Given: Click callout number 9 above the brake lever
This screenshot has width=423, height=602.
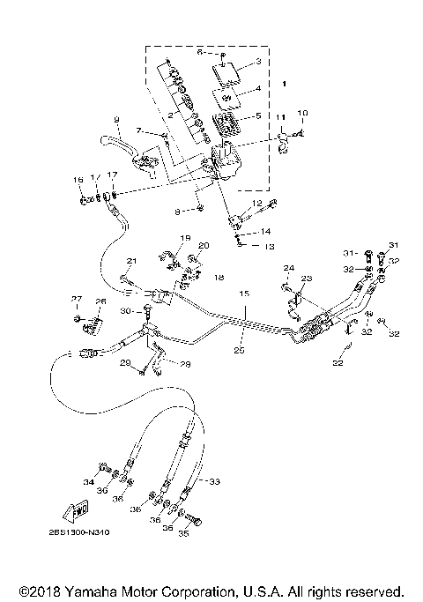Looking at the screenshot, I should pos(115,119).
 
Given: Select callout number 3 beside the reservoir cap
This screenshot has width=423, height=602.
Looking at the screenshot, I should pos(258,62).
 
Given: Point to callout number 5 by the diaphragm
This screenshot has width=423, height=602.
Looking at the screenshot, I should pos(257,115).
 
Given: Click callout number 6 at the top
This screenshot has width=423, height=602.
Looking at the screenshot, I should pos(199,53).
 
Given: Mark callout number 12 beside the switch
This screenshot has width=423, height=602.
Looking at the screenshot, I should pos(258,203).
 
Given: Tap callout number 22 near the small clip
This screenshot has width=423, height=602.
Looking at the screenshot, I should pos(337,361).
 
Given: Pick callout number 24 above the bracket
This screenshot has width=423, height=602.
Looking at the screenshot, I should pos(288,267).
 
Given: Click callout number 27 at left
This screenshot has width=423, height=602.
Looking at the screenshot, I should pos(76,299).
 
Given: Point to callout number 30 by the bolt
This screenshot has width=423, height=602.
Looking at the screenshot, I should pos(125,312).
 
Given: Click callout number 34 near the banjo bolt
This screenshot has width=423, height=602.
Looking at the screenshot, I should pos(88,483).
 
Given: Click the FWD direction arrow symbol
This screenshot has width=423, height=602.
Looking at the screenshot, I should pos(68,510).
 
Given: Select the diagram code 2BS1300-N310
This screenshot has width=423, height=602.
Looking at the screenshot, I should pos(74,532).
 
